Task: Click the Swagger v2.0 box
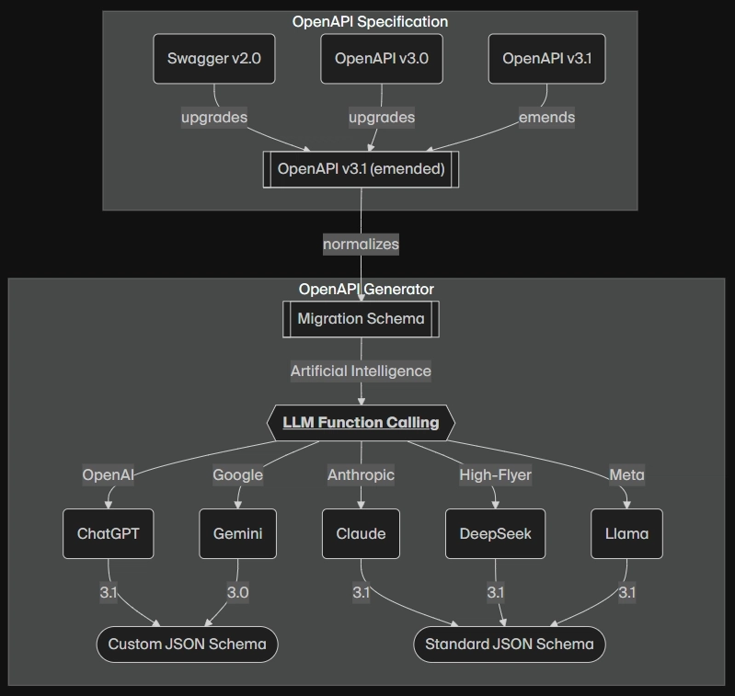point(214,59)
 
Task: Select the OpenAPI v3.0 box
point(382,59)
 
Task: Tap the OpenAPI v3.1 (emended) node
point(361,169)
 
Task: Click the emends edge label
point(546,117)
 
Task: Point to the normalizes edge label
point(361,244)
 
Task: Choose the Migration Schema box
point(361,319)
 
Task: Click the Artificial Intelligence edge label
point(361,371)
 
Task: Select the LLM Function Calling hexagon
point(361,422)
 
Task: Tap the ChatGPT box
point(109,533)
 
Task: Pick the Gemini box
point(237,533)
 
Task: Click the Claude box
point(361,533)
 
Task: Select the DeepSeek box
point(496,533)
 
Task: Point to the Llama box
point(626,533)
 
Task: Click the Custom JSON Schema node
point(187,645)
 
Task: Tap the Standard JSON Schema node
point(510,645)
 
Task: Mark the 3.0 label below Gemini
point(237,592)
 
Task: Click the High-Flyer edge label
point(496,475)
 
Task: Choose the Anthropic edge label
point(361,475)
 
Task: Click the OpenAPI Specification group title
point(370,21)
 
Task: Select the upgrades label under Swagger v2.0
point(214,117)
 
